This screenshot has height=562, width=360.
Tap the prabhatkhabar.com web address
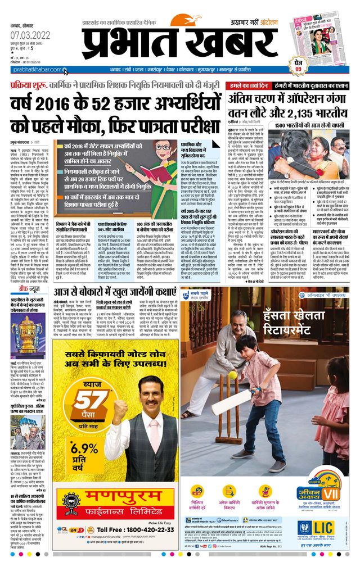[33, 70]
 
